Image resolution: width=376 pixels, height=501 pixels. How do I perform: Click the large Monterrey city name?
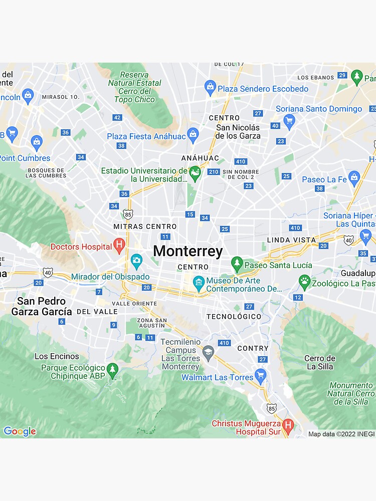187,251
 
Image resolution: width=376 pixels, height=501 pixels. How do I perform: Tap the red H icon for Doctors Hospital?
119,245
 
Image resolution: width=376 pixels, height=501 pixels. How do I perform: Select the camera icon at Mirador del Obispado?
136,261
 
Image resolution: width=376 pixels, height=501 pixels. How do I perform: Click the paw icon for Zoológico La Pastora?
304,281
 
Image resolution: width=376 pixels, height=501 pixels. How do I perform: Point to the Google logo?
20,431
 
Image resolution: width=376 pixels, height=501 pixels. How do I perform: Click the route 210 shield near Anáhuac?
214,172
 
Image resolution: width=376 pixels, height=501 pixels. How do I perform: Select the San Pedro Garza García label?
41,306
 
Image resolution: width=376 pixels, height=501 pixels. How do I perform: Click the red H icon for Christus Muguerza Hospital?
288,426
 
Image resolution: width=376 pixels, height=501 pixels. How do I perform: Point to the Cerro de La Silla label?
320,362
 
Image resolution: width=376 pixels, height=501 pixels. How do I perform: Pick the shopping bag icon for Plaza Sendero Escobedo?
211,88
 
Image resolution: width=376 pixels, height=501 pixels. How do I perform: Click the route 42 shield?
117,117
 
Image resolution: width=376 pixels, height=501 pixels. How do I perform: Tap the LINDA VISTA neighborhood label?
291,240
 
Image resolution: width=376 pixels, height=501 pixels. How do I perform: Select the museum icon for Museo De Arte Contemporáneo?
199,282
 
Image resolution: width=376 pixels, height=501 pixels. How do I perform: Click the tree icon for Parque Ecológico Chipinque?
113,371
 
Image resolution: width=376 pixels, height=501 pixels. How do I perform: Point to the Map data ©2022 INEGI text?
341,434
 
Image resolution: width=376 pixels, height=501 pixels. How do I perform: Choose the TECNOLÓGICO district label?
234,317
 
